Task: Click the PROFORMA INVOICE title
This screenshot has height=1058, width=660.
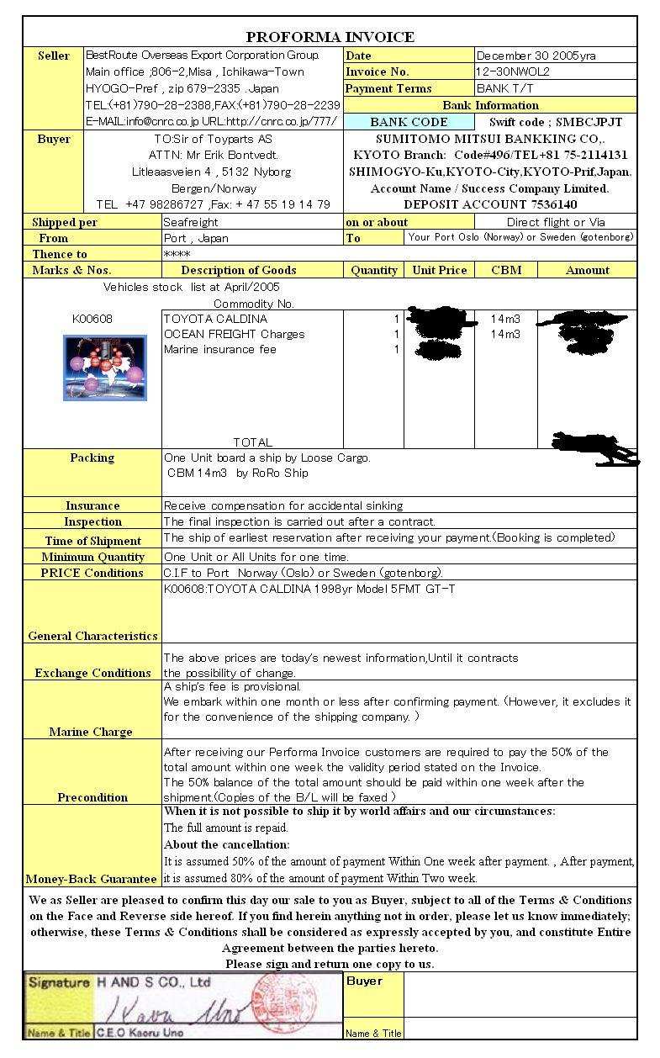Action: (x=330, y=37)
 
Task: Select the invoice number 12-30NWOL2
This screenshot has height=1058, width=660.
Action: (x=513, y=72)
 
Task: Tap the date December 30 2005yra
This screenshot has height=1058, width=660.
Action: (x=536, y=56)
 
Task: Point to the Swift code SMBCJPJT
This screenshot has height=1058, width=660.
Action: (x=556, y=122)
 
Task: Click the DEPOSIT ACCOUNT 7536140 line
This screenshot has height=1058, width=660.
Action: (x=490, y=204)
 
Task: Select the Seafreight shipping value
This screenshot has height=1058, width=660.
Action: (x=191, y=223)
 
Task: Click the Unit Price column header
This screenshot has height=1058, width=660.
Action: (x=440, y=270)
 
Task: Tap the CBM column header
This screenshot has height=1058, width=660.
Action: (x=505, y=270)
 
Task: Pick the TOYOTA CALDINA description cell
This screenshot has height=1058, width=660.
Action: (x=216, y=320)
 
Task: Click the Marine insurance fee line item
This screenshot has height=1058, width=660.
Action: (x=220, y=350)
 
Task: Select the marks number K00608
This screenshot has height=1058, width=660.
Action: (x=92, y=320)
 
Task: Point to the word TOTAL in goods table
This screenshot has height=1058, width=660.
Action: (x=252, y=442)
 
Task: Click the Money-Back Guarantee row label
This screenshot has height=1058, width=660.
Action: (x=92, y=879)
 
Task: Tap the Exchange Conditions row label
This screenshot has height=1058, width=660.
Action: (x=92, y=673)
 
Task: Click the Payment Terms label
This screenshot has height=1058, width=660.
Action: (x=388, y=88)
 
